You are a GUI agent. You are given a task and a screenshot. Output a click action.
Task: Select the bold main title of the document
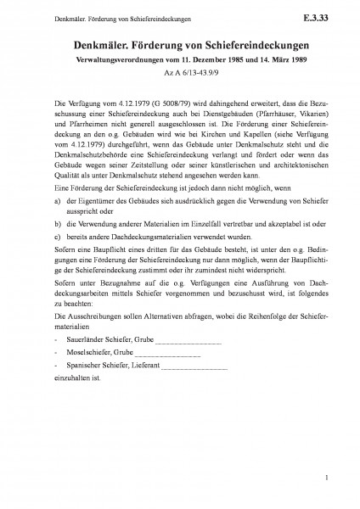click(x=180, y=45)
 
